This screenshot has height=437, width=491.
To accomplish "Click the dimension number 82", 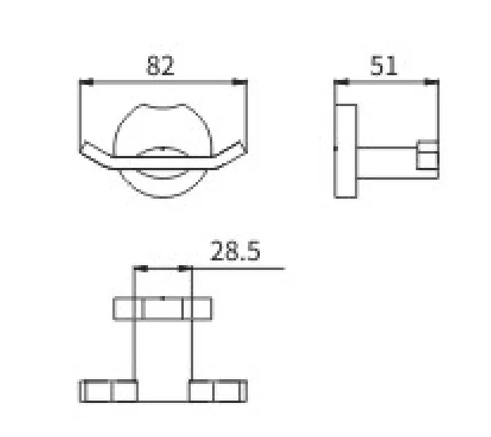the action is click(160, 66).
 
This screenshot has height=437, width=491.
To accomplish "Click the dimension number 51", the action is click(383, 66).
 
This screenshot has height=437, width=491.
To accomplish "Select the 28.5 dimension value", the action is click(235, 251).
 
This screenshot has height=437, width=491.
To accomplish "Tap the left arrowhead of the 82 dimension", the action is click(87, 82).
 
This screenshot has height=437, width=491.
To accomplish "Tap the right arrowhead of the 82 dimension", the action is click(239, 82).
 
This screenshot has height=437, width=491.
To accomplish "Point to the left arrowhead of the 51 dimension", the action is click(341, 82).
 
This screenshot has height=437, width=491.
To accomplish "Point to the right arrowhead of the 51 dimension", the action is click(431, 82).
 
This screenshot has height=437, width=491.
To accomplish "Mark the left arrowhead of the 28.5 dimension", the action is click(141, 268).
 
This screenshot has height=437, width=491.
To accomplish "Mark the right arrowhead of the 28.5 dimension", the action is click(185, 268).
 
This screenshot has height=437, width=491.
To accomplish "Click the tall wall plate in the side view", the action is click(346, 151).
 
